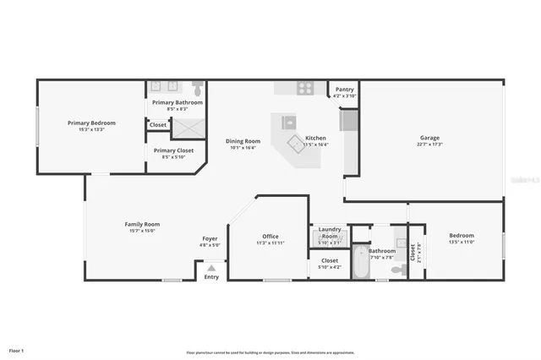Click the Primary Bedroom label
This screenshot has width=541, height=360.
tap(91, 123)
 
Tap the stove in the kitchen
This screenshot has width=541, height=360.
tap(305, 87)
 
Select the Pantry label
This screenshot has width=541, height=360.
tap(345, 89)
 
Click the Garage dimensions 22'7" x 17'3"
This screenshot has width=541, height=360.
tap(429, 145)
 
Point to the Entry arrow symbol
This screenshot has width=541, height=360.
tap(211, 268)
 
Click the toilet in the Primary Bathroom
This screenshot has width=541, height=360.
tap(198, 87)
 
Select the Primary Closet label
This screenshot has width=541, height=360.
tap(173, 150)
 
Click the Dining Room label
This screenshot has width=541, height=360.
tap(243, 141)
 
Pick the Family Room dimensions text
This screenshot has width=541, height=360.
tap(142, 230)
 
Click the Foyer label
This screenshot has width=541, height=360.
tap(210, 238)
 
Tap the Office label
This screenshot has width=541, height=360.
tap(270, 236)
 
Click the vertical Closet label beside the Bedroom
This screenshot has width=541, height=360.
tap(413, 251)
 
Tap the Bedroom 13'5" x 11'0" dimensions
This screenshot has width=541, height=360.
tap(462, 242)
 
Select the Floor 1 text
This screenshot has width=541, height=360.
tap(17, 350)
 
